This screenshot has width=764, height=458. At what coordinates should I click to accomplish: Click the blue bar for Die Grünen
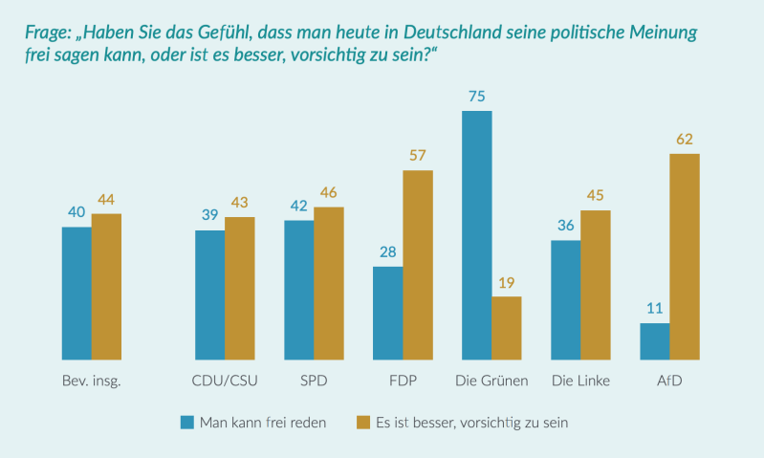pos(476,235)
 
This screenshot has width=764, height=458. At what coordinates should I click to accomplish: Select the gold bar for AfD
pos(685,256)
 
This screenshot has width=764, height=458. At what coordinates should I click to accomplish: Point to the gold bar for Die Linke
pos(596,285)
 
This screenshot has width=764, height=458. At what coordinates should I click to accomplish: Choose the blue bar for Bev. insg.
pos(76,293)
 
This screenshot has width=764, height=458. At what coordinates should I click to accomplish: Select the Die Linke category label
pos(580,382)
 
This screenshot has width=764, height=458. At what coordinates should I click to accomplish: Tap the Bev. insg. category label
pos(91,382)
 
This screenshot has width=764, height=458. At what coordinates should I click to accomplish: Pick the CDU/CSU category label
pos(225,382)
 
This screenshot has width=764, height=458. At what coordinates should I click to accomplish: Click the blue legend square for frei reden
pos(187,422)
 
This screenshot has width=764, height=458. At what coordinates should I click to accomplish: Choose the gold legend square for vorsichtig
pos(363,422)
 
